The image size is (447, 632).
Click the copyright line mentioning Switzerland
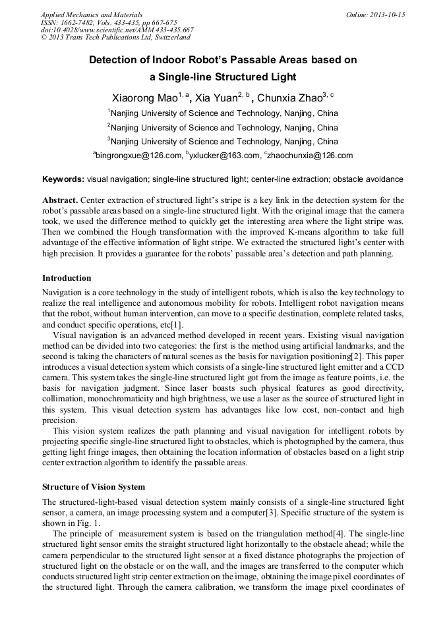click(105, 38)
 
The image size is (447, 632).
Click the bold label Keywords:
click(63, 179)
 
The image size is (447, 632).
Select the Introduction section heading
click(67, 278)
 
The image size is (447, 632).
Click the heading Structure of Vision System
click(94, 487)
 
